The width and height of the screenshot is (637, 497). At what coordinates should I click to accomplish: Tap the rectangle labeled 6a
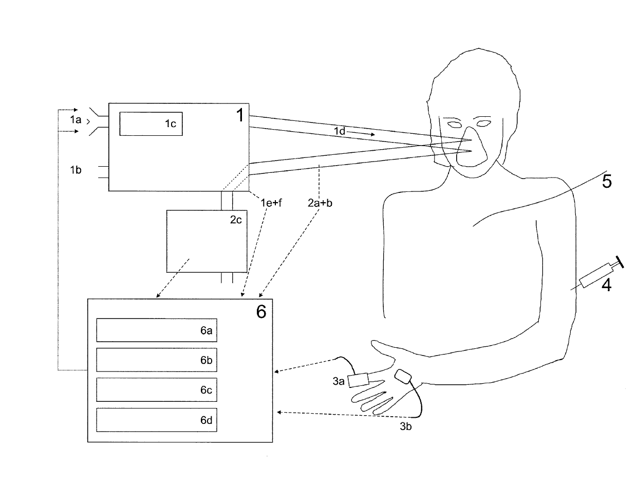156,330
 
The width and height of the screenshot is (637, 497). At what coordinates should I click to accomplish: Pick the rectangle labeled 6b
156,360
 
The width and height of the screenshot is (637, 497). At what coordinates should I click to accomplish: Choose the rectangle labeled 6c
156,390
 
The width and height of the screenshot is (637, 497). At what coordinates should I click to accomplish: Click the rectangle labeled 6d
156,420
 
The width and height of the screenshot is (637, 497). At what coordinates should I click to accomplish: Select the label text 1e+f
271,203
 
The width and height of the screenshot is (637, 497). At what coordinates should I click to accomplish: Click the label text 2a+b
320,203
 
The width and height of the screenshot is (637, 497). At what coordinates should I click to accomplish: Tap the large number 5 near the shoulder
607,182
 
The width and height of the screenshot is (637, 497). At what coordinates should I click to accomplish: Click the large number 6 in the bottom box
261,311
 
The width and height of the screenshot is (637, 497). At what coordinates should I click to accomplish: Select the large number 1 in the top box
240,115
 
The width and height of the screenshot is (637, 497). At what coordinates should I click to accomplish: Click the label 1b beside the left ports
76,170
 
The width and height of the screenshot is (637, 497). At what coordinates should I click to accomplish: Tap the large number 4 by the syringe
607,285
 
